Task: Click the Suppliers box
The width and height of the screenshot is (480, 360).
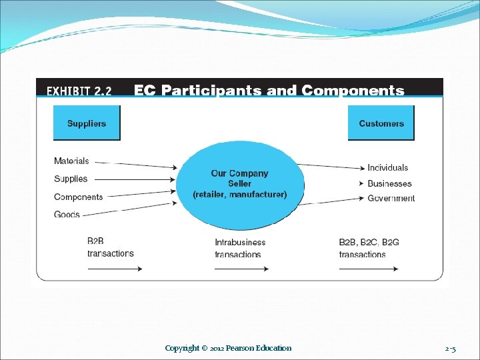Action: pos(87,123)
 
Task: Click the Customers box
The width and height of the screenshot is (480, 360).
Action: pos(381,123)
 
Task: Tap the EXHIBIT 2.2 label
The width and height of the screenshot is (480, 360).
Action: pos(79,91)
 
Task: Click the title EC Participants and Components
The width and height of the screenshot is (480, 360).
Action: pos(269,90)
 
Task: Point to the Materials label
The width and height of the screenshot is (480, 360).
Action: pos(71,161)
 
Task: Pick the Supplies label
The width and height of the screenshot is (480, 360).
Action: pos(71,179)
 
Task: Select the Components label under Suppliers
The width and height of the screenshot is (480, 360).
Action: pos(79,197)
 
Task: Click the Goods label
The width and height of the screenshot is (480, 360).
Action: pos(67,215)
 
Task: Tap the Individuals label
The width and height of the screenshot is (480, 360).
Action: pos(388,167)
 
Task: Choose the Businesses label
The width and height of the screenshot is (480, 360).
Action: pos(389,183)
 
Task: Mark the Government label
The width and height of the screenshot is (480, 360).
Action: pos(391,198)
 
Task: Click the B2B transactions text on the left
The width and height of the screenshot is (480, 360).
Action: pos(111,247)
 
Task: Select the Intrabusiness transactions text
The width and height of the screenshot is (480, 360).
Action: pos(240,248)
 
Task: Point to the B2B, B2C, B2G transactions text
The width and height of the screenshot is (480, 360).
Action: pos(369,248)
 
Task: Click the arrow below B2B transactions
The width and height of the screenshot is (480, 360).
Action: pos(115,269)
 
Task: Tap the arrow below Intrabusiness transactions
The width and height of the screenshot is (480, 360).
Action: pos(241,269)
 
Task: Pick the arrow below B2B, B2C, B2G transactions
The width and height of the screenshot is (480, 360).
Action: pos(369,269)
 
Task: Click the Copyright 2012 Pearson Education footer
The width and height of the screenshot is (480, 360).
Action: pos(228,348)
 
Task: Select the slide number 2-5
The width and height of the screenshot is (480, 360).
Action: pos(451,348)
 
